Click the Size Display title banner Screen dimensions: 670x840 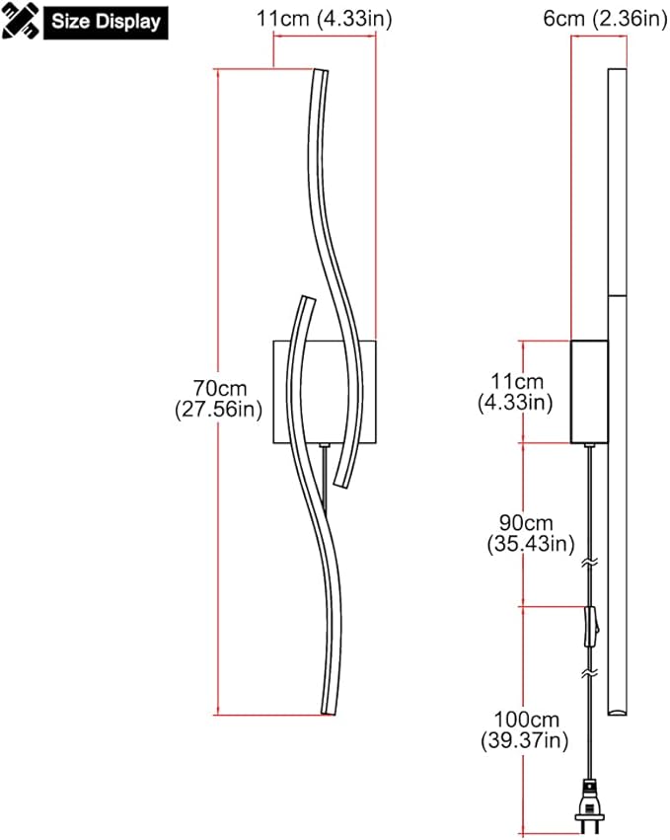(106, 22)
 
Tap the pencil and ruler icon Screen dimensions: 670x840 (21, 21)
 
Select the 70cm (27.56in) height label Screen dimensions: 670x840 (219, 399)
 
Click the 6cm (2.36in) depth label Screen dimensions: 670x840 (605, 18)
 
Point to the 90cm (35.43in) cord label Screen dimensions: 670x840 (531, 533)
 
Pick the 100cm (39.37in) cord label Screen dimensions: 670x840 (525, 730)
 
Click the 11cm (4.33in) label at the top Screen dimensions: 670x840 (324, 18)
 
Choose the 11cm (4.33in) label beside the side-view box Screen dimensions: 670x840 (515, 392)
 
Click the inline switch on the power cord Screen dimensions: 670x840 (591, 626)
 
